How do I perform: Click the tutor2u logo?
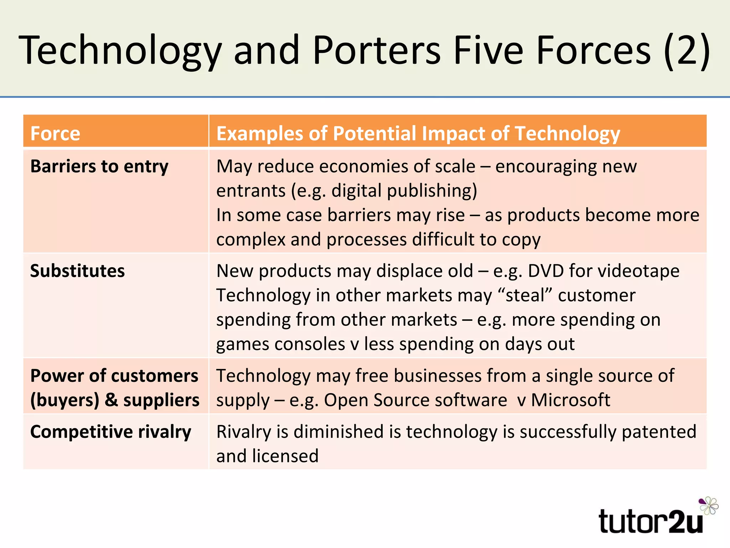pos(651,521)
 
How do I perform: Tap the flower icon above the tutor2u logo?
pos(709,505)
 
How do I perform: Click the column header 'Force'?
pos(55,133)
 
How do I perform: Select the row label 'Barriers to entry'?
pos(99,166)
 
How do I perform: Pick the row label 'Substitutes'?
pos(77,271)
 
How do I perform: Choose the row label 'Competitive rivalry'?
pos(110,432)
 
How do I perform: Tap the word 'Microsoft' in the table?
pos(571,400)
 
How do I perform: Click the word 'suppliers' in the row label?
pos(161,400)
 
